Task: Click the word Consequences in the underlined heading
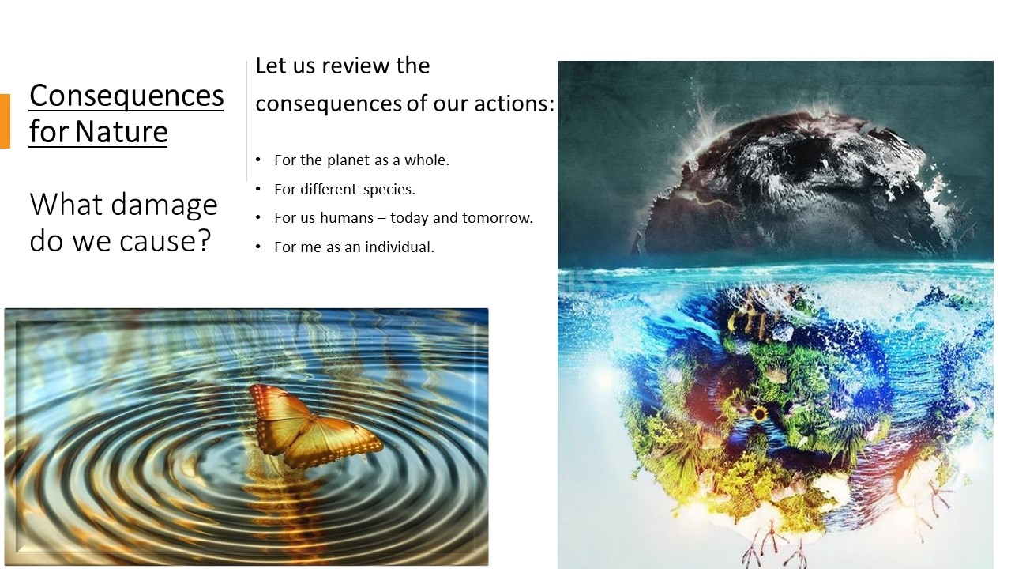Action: click(x=126, y=96)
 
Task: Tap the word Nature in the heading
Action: click(x=122, y=132)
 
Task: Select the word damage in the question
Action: click(x=164, y=206)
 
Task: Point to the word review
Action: click(x=355, y=66)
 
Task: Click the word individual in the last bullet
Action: click(x=400, y=247)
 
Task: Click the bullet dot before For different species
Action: click(x=258, y=189)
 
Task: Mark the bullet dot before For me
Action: click(x=258, y=247)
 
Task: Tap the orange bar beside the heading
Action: click(x=5, y=121)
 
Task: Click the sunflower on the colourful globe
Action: click(x=760, y=413)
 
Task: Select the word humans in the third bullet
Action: click(x=347, y=217)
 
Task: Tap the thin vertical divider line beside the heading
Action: click(x=247, y=121)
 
